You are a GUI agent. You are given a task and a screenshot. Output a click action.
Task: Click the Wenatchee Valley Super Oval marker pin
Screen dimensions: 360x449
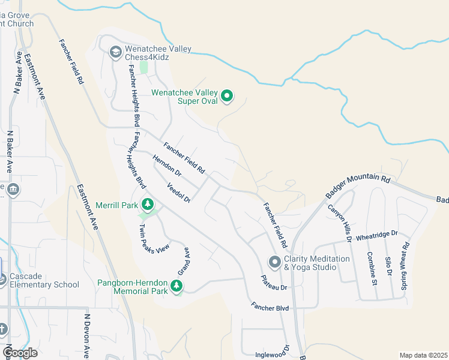227,95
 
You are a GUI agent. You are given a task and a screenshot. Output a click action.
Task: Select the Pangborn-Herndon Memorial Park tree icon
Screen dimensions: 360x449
176,286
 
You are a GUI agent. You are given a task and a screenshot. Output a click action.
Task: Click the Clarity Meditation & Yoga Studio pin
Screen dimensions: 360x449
275,262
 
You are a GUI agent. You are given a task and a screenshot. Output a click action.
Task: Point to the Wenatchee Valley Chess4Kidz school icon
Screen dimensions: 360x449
115,52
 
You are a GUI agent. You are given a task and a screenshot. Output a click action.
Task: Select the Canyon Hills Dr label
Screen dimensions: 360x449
340,223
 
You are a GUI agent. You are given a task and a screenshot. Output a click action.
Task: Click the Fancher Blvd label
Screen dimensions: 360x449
270,308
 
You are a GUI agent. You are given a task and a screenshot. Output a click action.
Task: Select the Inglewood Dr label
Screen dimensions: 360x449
273,355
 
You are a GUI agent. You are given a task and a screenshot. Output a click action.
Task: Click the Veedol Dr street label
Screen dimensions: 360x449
178,192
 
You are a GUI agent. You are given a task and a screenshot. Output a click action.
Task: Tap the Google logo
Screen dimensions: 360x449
20,353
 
